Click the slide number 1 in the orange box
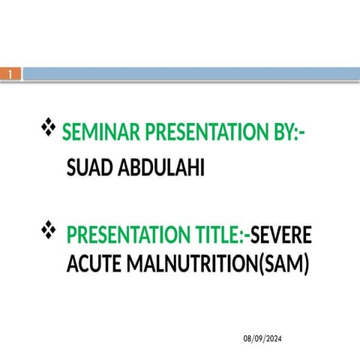tap(11, 74)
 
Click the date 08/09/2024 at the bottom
tap(263, 339)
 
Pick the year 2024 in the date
tap(275, 339)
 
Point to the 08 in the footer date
tap(247, 339)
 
